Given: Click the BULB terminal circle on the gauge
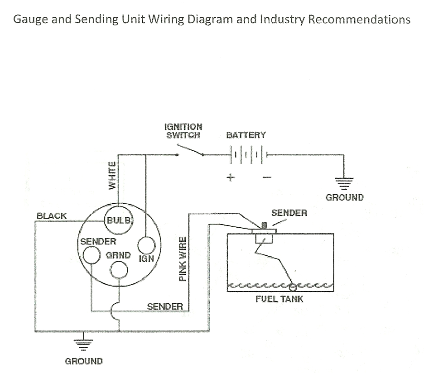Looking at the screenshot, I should point(119,220).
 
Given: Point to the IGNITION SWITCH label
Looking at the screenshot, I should point(183,131).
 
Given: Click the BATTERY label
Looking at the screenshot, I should point(246,135).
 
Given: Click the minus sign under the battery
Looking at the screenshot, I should point(266,177).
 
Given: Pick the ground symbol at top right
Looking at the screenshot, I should point(344,182).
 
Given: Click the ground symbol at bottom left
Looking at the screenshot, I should point(83,344).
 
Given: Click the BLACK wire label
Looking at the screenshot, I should point(51,216).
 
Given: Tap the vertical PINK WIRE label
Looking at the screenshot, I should point(183,258).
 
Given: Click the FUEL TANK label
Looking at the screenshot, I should point(279,299).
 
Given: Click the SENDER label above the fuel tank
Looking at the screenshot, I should point(289,212).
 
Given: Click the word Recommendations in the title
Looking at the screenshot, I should point(360,20).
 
